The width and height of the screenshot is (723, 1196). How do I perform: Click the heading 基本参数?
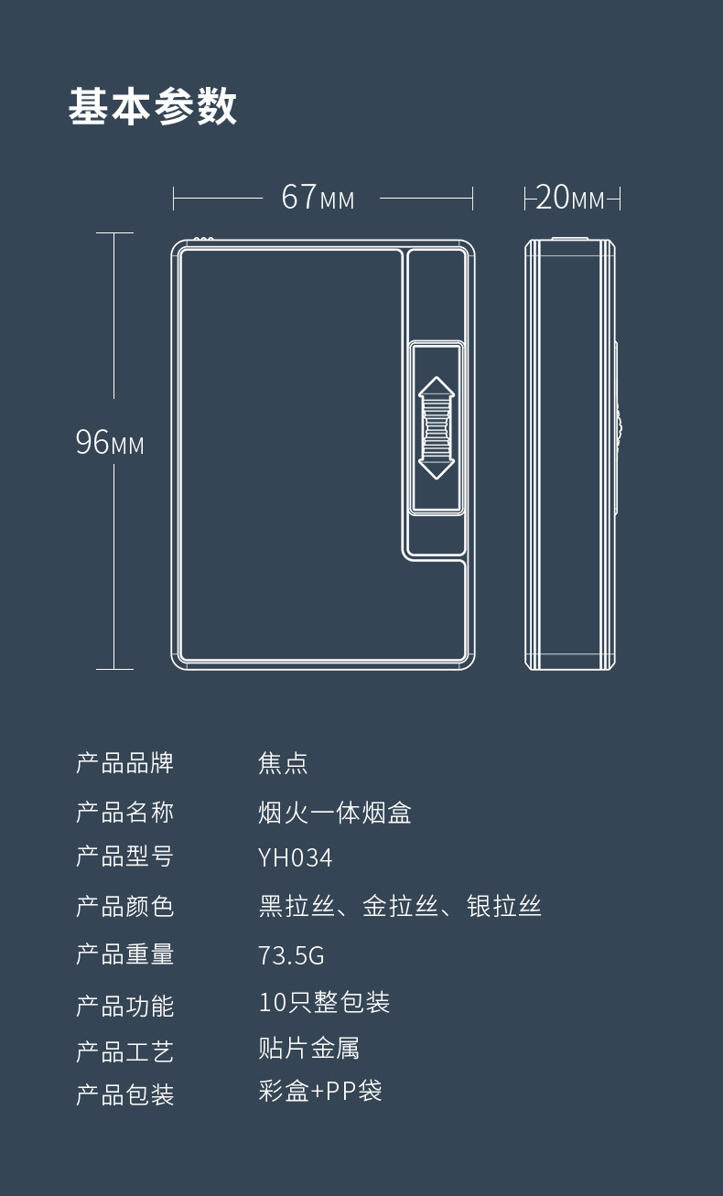(x=153, y=107)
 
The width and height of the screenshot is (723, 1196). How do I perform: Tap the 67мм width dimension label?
(x=318, y=197)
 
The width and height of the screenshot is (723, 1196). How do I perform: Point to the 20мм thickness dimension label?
(x=570, y=198)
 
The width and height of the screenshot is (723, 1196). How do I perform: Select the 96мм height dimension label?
(x=110, y=443)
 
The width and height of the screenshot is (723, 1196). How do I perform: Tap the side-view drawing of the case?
(x=570, y=454)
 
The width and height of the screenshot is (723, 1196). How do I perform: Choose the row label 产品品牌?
(x=124, y=762)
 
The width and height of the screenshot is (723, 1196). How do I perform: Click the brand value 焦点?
(x=283, y=762)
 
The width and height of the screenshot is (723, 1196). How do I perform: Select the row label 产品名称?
(x=124, y=812)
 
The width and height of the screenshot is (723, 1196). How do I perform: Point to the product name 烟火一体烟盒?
(x=335, y=812)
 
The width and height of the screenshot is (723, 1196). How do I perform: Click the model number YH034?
(x=295, y=857)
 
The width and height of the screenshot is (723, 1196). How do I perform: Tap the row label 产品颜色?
(x=124, y=906)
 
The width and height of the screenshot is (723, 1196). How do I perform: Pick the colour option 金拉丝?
(x=400, y=906)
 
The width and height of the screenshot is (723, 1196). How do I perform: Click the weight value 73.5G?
(x=291, y=955)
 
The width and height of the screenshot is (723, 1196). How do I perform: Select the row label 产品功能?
(x=124, y=1006)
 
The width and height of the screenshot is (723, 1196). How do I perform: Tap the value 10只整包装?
(x=324, y=1002)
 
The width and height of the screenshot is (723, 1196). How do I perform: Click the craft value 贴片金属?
(x=308, y=1048)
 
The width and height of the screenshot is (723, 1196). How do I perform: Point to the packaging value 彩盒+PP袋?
(x=319, y=1091)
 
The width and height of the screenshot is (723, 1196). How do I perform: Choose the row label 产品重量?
(x=124, y=954)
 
